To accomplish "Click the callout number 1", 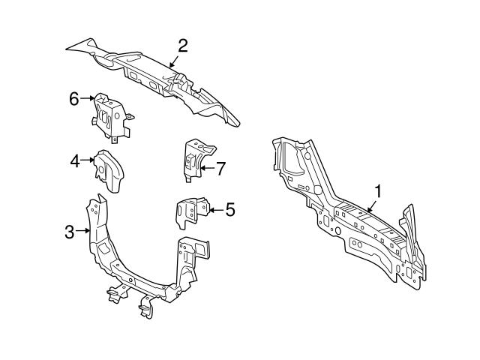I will pyautogui.click(x=378, y=191).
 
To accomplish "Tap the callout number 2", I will pyautogui.click(x=181, y=46).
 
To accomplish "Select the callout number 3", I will pyautogui.click(x=70, y=232).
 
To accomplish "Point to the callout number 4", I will pyautogui.click(x=75, y=159).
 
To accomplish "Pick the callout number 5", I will pyautogui.click(x=229, y=210).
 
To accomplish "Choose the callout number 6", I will pyautogui.click(x=74, y=98).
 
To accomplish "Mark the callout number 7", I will pyautogui.click(x=220, y=168).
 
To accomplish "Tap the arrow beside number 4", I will pyautogui.click(x=87, y=159).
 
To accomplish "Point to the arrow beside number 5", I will pyautogui.click(x=215, y=210).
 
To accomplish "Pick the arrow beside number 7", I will pyautogui.click(x=206, y=168).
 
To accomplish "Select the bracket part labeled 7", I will pyautogui.click(x=193, y=159).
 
